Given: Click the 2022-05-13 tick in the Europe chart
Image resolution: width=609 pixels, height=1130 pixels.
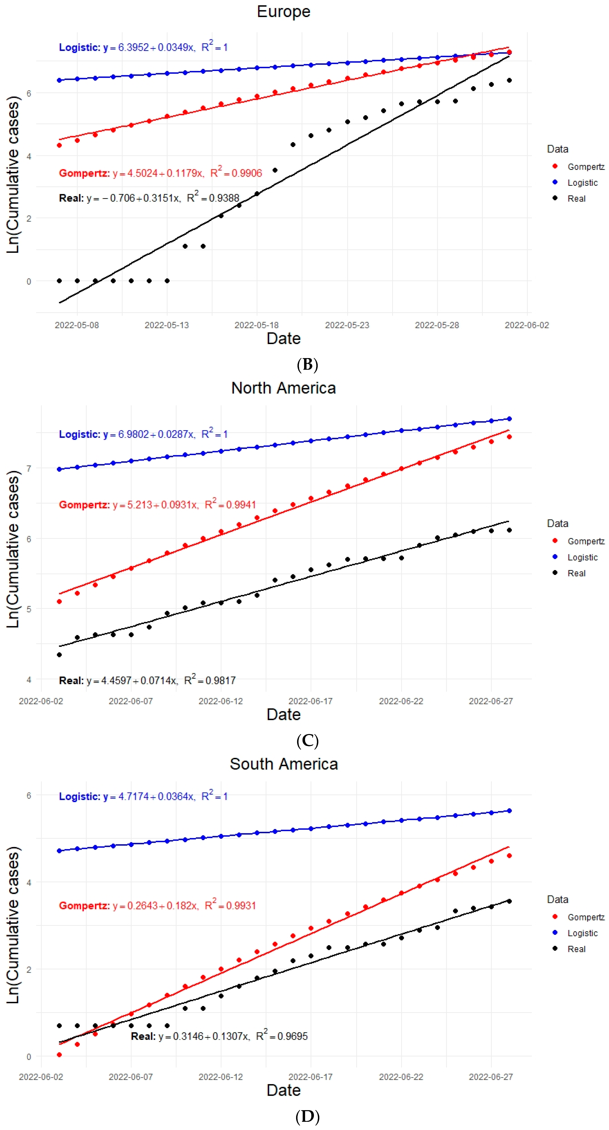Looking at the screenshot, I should (167, 325).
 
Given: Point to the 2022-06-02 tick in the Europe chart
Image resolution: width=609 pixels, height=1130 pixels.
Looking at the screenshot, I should (527, 325).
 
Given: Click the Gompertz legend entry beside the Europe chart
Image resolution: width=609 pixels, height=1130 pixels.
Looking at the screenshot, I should (585, 167).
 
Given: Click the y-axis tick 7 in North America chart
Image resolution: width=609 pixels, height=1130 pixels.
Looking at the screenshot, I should (29, 469).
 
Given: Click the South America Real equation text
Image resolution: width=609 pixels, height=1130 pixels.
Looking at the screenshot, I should (219, 1036).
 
